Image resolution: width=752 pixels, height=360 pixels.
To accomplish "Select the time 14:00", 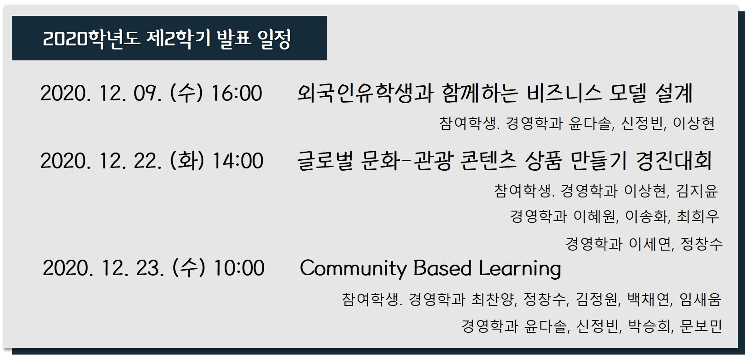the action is (x=238, y=161).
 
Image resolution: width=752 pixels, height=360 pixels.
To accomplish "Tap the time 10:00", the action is (x=239, y=268).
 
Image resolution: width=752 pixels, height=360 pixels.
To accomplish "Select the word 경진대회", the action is (x=674, y=161).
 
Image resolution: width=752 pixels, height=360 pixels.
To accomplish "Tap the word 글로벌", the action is (x=325, y=161).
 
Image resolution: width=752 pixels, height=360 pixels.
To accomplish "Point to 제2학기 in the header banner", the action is (x=178, y=39).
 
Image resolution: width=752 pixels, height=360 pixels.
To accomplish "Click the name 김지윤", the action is (x=697, y=191).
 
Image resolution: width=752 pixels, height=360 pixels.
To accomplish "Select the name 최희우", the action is (x=698, y=216).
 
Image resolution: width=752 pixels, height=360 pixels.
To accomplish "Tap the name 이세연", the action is (x=650, y=244).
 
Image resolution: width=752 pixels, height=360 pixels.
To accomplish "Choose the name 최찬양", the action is (x=492, y=299).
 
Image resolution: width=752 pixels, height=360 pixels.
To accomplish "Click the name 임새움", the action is (x=700, y=299).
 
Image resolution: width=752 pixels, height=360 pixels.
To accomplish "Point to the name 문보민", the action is (x=701, y=326).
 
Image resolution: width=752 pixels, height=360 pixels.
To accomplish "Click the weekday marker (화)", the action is (x=187, y=161).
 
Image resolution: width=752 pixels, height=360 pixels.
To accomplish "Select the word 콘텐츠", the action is (x=488, y=161).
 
